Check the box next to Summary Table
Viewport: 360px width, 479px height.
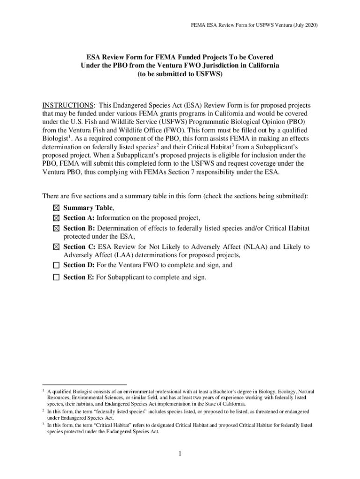point(57,208)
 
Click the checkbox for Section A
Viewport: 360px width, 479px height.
point(57,218)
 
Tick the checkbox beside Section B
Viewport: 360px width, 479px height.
point(57,228)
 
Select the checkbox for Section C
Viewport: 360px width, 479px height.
point(57,247)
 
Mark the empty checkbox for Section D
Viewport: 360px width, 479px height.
point(57,265)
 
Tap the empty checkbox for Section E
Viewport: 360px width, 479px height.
point(57,277)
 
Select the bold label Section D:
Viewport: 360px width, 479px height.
point(79,265)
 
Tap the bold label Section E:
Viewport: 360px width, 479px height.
point(79,277)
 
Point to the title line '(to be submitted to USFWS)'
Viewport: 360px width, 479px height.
point(180,74)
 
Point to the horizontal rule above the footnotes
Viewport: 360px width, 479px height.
point(85,385)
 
